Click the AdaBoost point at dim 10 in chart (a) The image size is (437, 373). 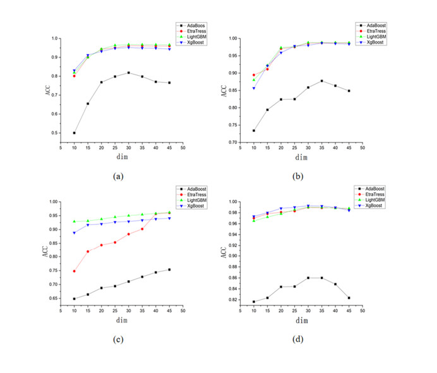tap(75, 133)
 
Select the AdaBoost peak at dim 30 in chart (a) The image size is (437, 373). tap(129, 73)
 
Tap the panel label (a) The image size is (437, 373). tap(118, 176)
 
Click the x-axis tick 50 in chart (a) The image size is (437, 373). tap(183, 148)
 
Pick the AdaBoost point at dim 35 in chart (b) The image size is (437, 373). tap(321, 81)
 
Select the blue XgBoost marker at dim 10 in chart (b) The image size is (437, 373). tap(254, 88)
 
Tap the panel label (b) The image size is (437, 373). tap(297, 176)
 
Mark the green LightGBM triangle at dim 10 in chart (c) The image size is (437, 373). tap(75, 222)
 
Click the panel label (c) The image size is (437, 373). tap(118, 339)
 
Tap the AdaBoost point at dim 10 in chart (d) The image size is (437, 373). tap(254, 302)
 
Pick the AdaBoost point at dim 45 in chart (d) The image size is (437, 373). tap(349, 298)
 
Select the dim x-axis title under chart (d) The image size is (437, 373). tap(302, 321)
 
